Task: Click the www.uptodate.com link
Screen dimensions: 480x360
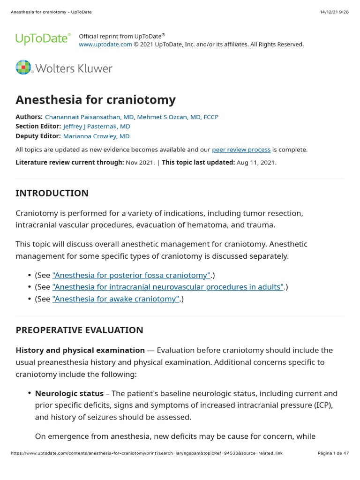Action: coord(105,45)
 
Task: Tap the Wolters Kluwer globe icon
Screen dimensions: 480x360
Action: coord(23,67)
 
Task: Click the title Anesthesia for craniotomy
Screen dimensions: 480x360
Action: coord(96,100)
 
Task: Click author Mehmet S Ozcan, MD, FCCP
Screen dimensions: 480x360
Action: coord(178,117)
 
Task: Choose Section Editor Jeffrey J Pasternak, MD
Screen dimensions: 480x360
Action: coord(97,127)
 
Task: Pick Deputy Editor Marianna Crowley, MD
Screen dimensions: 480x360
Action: coord(96,136)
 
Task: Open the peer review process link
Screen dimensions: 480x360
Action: coord(241,150)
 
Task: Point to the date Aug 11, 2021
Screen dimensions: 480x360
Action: coord(256,163)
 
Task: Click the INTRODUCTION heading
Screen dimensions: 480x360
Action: coord(52,193)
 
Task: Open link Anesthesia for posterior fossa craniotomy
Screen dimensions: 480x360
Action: coord(131,275)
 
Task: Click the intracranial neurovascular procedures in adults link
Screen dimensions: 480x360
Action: coord(168,287)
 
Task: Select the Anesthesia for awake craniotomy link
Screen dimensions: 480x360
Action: coord(116,299)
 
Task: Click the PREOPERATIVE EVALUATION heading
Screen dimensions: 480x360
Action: coord(79,330)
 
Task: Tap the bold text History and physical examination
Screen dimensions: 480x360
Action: coord(80,350)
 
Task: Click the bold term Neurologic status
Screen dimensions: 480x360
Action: coord(69,393)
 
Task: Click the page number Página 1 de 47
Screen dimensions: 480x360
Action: coord(333,453)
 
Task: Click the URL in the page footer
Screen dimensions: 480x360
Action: coord(146,453)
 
